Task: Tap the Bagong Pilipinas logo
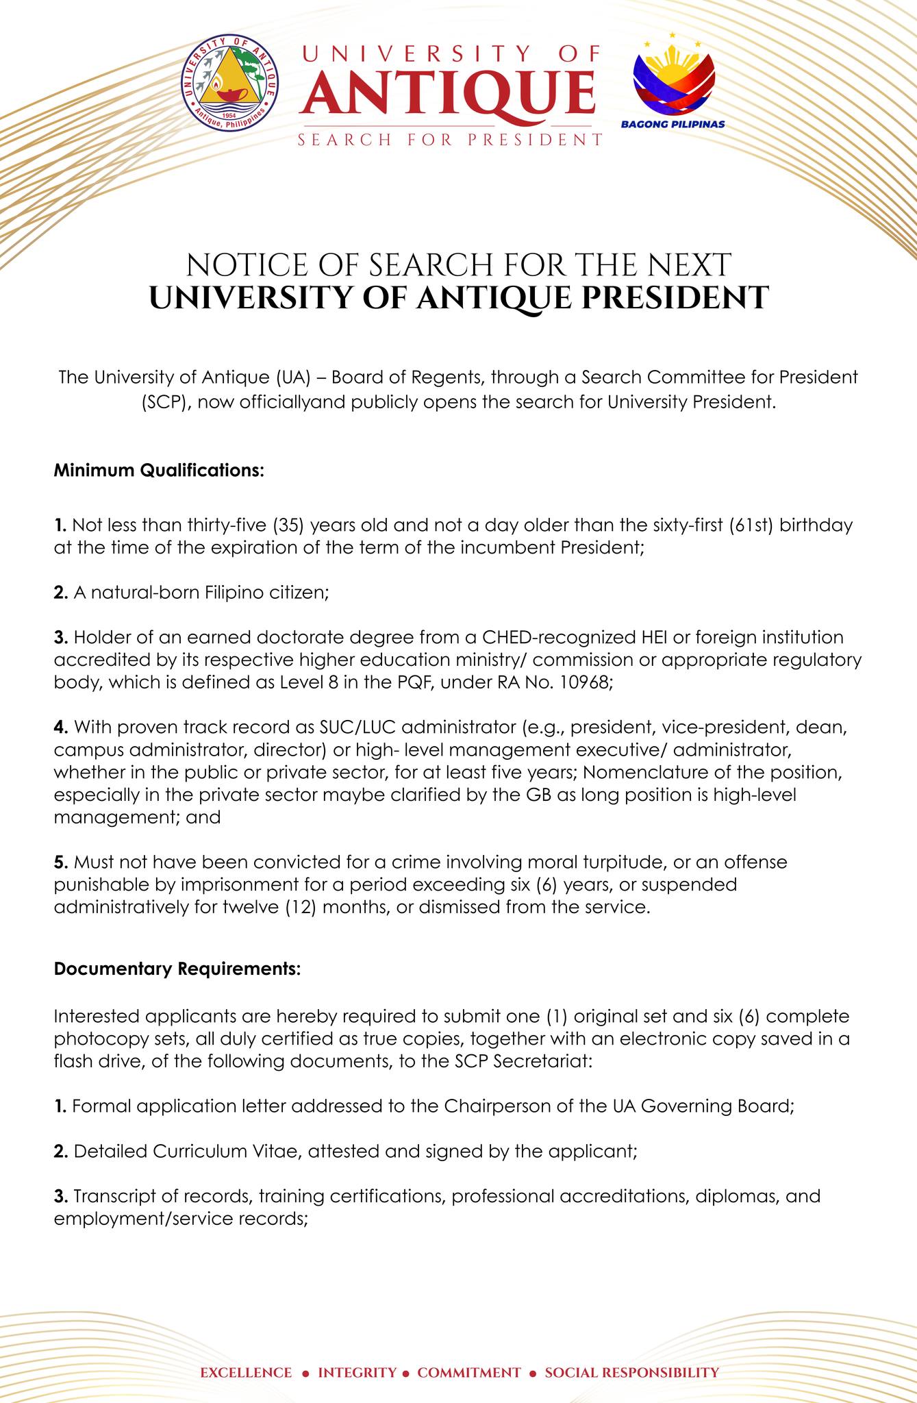pos(673,81)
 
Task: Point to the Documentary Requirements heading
pos(177,969)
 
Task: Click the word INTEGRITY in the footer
pos(357,1353)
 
